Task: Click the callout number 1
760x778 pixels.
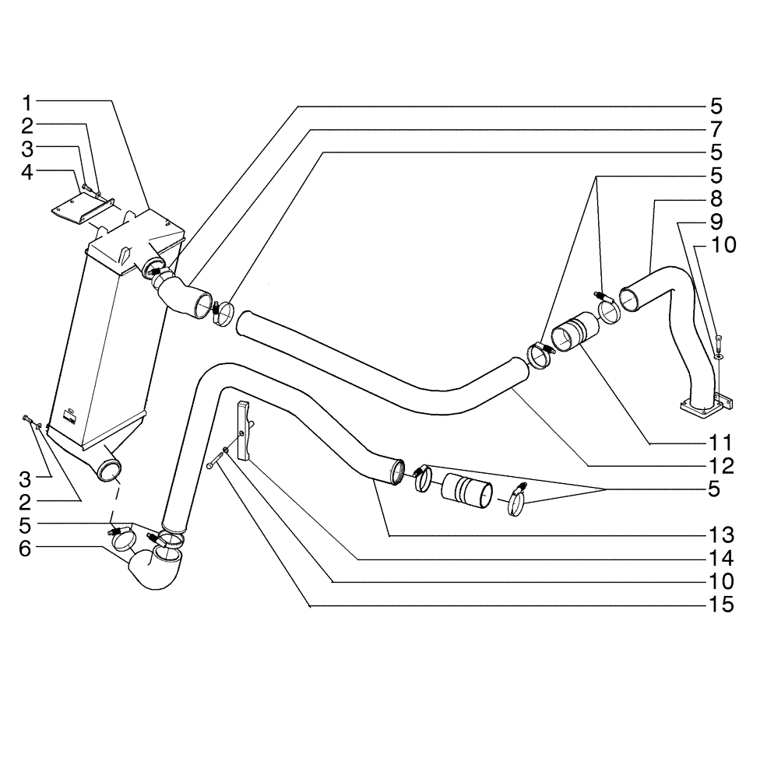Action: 27,102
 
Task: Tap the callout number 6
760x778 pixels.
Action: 27,548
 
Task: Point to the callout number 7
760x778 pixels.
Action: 716,128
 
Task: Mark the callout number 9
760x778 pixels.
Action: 716,221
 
